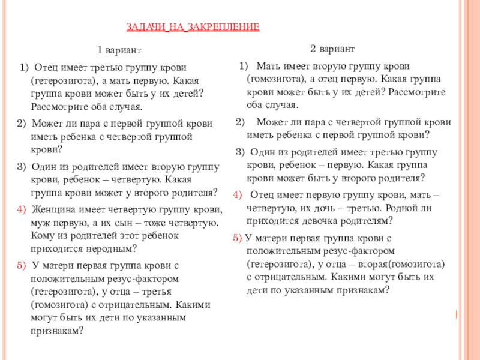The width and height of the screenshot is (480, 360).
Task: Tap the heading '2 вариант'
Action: [x=332, y=47]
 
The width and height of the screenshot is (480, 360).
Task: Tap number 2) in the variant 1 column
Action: [x=22, y=124]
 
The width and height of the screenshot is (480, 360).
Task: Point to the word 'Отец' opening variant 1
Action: [x=45, y=67]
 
